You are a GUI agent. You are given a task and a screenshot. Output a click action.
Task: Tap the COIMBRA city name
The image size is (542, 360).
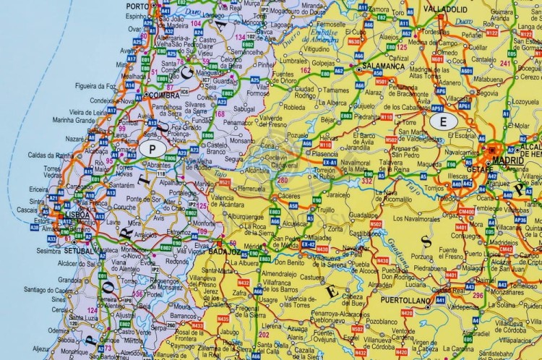coord(163,94)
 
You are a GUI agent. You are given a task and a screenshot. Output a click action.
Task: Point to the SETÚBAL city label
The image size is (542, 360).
coord(79,250)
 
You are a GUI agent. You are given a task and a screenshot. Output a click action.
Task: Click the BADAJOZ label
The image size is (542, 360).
coord(223,253)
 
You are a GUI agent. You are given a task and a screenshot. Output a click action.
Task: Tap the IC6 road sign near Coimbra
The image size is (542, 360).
coord(185,92)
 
